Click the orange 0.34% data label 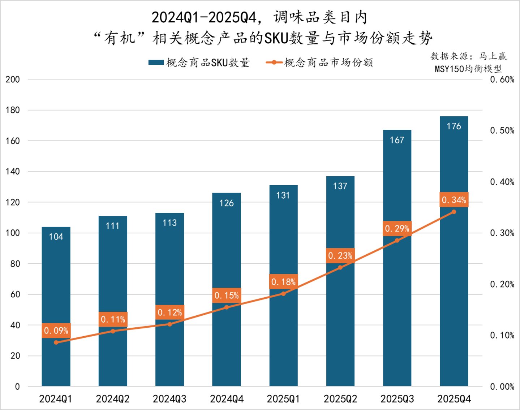(x=454, y=200)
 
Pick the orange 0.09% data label (x=56, y=331)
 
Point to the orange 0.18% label (x=283, y=282)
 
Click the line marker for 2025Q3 (x=397, y=240)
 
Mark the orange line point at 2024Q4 (x=227, y=307)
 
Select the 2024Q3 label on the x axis (x=169, y=399)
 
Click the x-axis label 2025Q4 (x=454, y=399)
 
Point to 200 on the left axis (x=13, y=79)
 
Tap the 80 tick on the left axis (x=15, y=264)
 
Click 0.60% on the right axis (x=502, y=79)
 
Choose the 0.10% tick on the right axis (x=502, y=335)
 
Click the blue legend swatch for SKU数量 (x=156, y=62)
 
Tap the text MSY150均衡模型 (x=468, y=69)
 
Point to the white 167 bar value (x=397, y=140)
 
